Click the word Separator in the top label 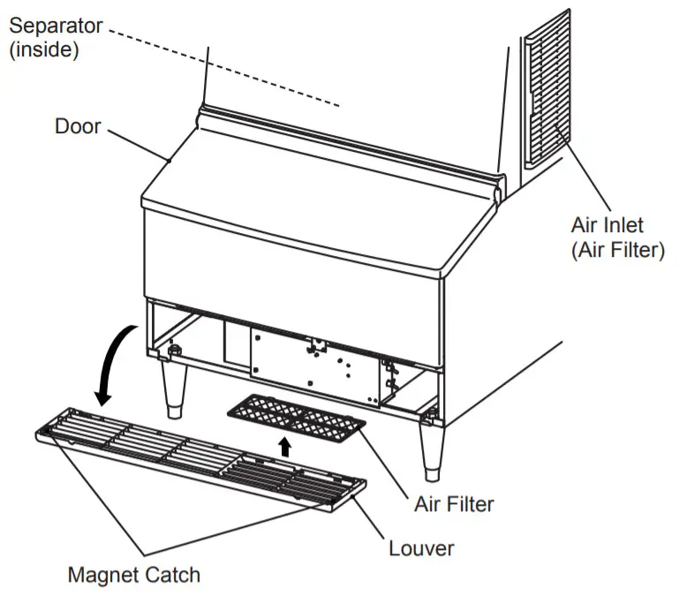tap(55, 25)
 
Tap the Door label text tap(78, 125)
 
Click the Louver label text tap(421, 548)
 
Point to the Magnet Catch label tap(134, 575)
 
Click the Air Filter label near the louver tap(454, 505)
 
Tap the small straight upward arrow tap(284, 447)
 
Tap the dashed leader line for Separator tap(230, 65)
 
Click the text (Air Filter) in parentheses tap(617, 251)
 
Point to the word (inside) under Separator tap(44, 49)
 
